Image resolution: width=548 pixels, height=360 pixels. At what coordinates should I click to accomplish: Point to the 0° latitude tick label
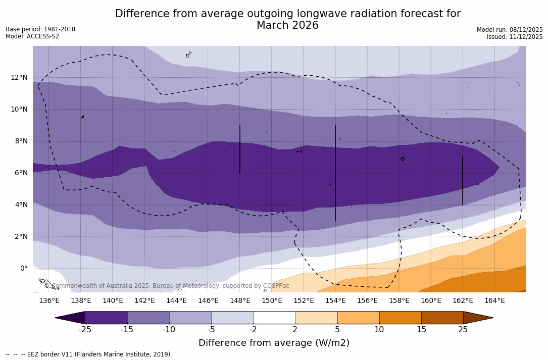pos(23,269)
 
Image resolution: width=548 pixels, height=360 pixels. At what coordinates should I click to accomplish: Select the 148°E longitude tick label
pos(240,301)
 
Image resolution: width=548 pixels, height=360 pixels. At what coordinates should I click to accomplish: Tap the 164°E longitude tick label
pos(494,301)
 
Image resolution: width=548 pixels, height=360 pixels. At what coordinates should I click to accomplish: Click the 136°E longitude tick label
pos(49,301)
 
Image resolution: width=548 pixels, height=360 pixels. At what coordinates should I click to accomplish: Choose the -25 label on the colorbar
pos(85,330)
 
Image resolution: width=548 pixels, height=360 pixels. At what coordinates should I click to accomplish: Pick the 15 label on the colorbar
pos(421,330)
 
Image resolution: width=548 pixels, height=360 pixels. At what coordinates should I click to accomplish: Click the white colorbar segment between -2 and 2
pos(274,318)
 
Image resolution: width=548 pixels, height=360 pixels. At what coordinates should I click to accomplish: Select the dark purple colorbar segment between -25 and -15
pos(106,318)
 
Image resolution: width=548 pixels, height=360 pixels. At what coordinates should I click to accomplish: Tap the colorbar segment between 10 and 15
pos(400,318)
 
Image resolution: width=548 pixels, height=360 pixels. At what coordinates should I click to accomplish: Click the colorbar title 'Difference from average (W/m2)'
pos(274,343)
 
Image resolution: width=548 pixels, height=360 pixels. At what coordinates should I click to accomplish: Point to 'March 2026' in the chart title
pos(287,26)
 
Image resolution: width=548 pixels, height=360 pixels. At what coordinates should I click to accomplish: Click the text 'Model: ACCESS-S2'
pos(32,36)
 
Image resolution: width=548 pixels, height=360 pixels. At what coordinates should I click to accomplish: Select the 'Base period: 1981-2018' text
pos(40,29)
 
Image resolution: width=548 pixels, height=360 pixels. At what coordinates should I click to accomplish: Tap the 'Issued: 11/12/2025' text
pos(515,37)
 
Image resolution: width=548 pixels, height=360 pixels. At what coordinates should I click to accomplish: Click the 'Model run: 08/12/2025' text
pos(510,30)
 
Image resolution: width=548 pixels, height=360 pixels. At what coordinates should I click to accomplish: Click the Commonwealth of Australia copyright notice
pos(167,286)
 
